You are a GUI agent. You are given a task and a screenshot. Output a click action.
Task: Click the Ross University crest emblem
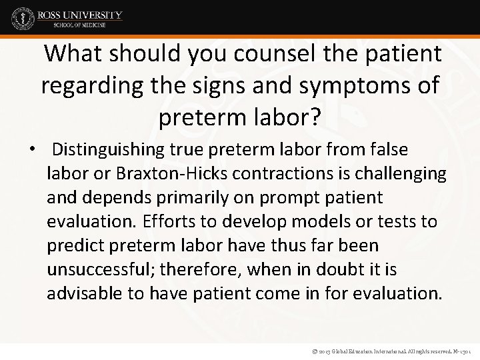click(23, 19)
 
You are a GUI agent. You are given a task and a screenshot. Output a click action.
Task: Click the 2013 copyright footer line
click(386, 349)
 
